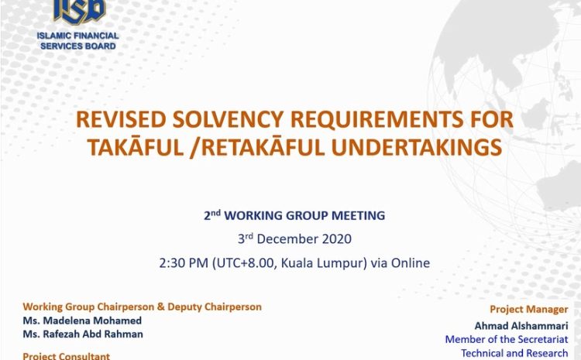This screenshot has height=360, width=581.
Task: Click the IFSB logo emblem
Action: point(80,11)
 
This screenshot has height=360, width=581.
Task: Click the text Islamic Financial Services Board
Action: point(77,41)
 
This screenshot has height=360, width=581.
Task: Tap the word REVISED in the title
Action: point(121,120)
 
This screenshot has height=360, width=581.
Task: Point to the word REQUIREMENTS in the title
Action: point(376,120)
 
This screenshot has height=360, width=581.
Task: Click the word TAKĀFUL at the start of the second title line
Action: point(136,146)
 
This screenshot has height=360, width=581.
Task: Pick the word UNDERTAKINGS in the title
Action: point(417,147)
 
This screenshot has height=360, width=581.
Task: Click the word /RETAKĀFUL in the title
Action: point(257,146)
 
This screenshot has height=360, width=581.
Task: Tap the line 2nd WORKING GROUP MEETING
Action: point(294,215)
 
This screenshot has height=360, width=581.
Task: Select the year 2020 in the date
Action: point(336,239)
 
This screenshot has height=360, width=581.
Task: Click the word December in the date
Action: point(287,239)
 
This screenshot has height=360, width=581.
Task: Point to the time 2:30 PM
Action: point(184,263)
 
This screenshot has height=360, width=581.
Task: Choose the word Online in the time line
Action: point(411,263)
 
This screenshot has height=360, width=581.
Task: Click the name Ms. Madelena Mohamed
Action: point(82,321)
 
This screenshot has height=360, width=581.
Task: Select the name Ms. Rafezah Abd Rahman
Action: point(83,334)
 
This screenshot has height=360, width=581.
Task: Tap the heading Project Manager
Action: point(529,310)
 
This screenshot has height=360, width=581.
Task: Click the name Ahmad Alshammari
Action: point(521,326)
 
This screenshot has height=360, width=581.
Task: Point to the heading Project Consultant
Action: point(67,356)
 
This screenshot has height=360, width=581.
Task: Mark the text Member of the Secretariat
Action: point(507,340)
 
